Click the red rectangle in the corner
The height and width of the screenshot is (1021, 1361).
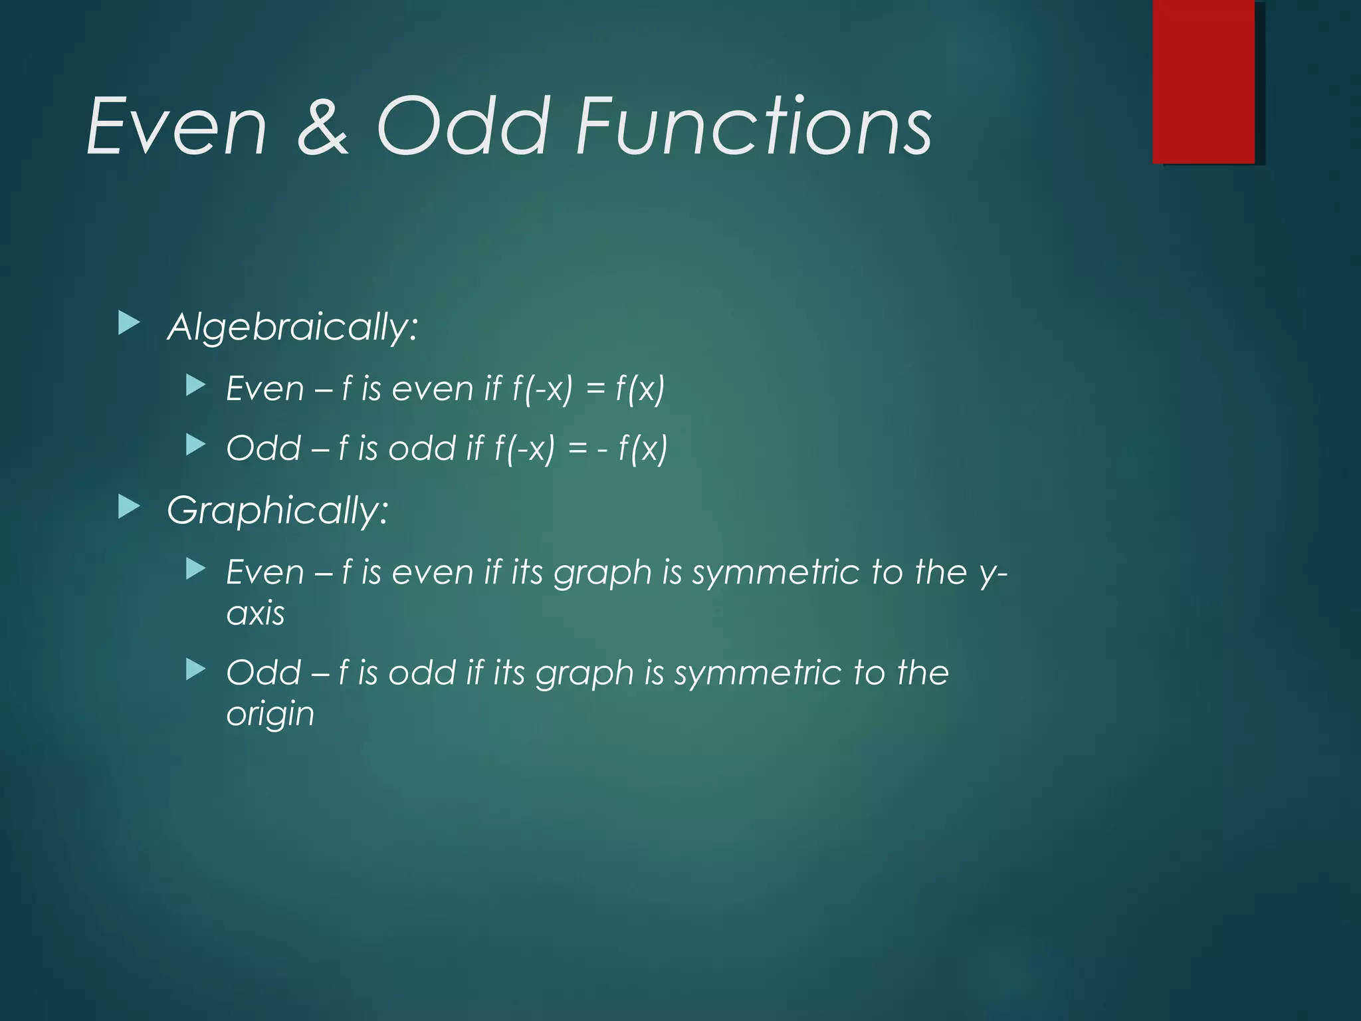click(x=1204, y=81)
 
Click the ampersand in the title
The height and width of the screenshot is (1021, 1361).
click(x=323, y=126)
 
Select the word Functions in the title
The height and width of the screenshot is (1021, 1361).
click(x=754, y=126)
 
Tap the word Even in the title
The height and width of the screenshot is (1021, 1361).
click(x=177, y=126)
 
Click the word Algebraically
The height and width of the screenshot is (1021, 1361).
click(x=292, y=327)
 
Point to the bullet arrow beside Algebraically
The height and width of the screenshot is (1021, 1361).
click(x=129, y=324)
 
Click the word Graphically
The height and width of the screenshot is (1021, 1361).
click(x=277, y=510)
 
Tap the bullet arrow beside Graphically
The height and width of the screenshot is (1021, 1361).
click(x=129, y=507)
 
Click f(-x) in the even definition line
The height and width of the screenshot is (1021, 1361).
click(x=542, y=388)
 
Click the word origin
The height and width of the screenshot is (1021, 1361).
click(x=270, y=714)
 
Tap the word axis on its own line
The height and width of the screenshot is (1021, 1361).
click(x=255, y=613)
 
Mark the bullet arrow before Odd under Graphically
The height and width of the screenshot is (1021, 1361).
click(x=195, y=669)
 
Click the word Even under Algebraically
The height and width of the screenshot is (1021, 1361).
click(x=264, y=388)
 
